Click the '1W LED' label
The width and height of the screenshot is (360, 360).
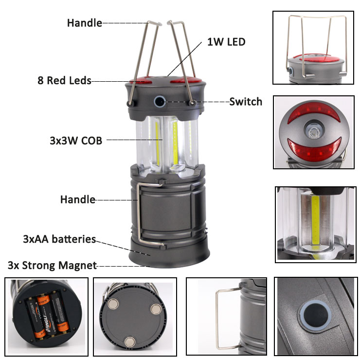[x=226, y=42]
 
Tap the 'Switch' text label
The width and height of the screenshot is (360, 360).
[x=246, y=102]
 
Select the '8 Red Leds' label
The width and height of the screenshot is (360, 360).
[x=65, y=81]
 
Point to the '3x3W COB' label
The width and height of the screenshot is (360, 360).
[x=76, y=141]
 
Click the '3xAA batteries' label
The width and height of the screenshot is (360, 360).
[x=59, y=239]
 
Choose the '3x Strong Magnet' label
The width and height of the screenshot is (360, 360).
[x=53, y=266]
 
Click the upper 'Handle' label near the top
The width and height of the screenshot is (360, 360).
[x=85, y=23]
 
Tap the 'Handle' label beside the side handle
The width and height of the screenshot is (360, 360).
[x=78, y=199]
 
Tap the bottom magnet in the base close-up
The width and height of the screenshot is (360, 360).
[x=130, y=342]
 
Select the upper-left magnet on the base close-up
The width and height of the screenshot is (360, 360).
[x=113, y=304]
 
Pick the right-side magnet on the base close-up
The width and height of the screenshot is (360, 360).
[x=156, y=309]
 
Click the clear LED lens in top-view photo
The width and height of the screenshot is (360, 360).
[x=313, y=132]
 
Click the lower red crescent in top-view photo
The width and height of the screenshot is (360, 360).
[x=314, y=149]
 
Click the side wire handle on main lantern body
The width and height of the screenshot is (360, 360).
[x=140, y=214]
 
